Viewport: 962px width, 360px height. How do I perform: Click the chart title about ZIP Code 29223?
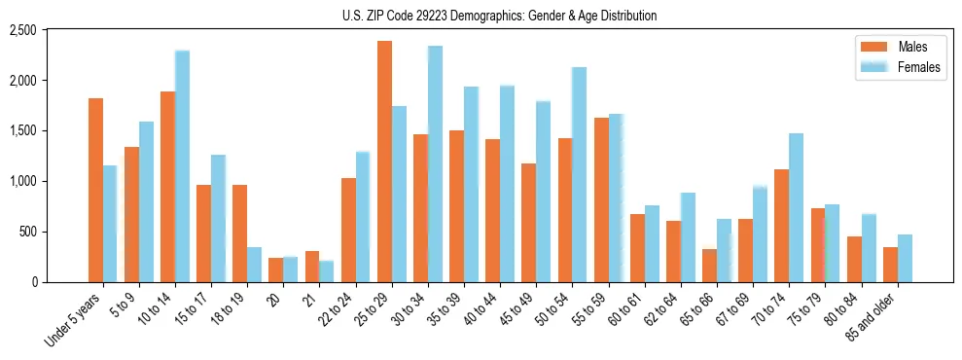tap(500, 16)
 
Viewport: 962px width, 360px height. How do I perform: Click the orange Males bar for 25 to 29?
tap(384, 162)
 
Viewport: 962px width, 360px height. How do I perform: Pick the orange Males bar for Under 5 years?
tap(95, 190)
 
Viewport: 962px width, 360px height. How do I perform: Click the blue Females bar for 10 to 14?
tap(182, 166)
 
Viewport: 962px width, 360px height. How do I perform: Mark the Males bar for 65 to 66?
tap(709, 266)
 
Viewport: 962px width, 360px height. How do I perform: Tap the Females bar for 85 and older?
tap(905, 259)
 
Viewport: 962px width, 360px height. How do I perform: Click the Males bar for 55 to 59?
tap(601, 199)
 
